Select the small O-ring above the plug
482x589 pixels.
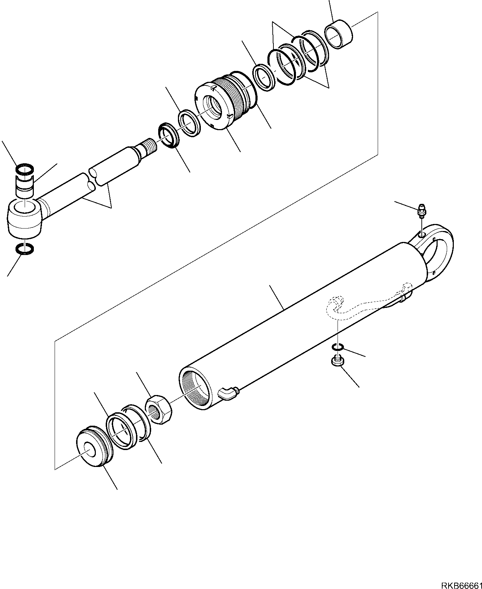pyautogui.click(x=338, y=348)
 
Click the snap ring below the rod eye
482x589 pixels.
pyautogui.click(x=25, y=248)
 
